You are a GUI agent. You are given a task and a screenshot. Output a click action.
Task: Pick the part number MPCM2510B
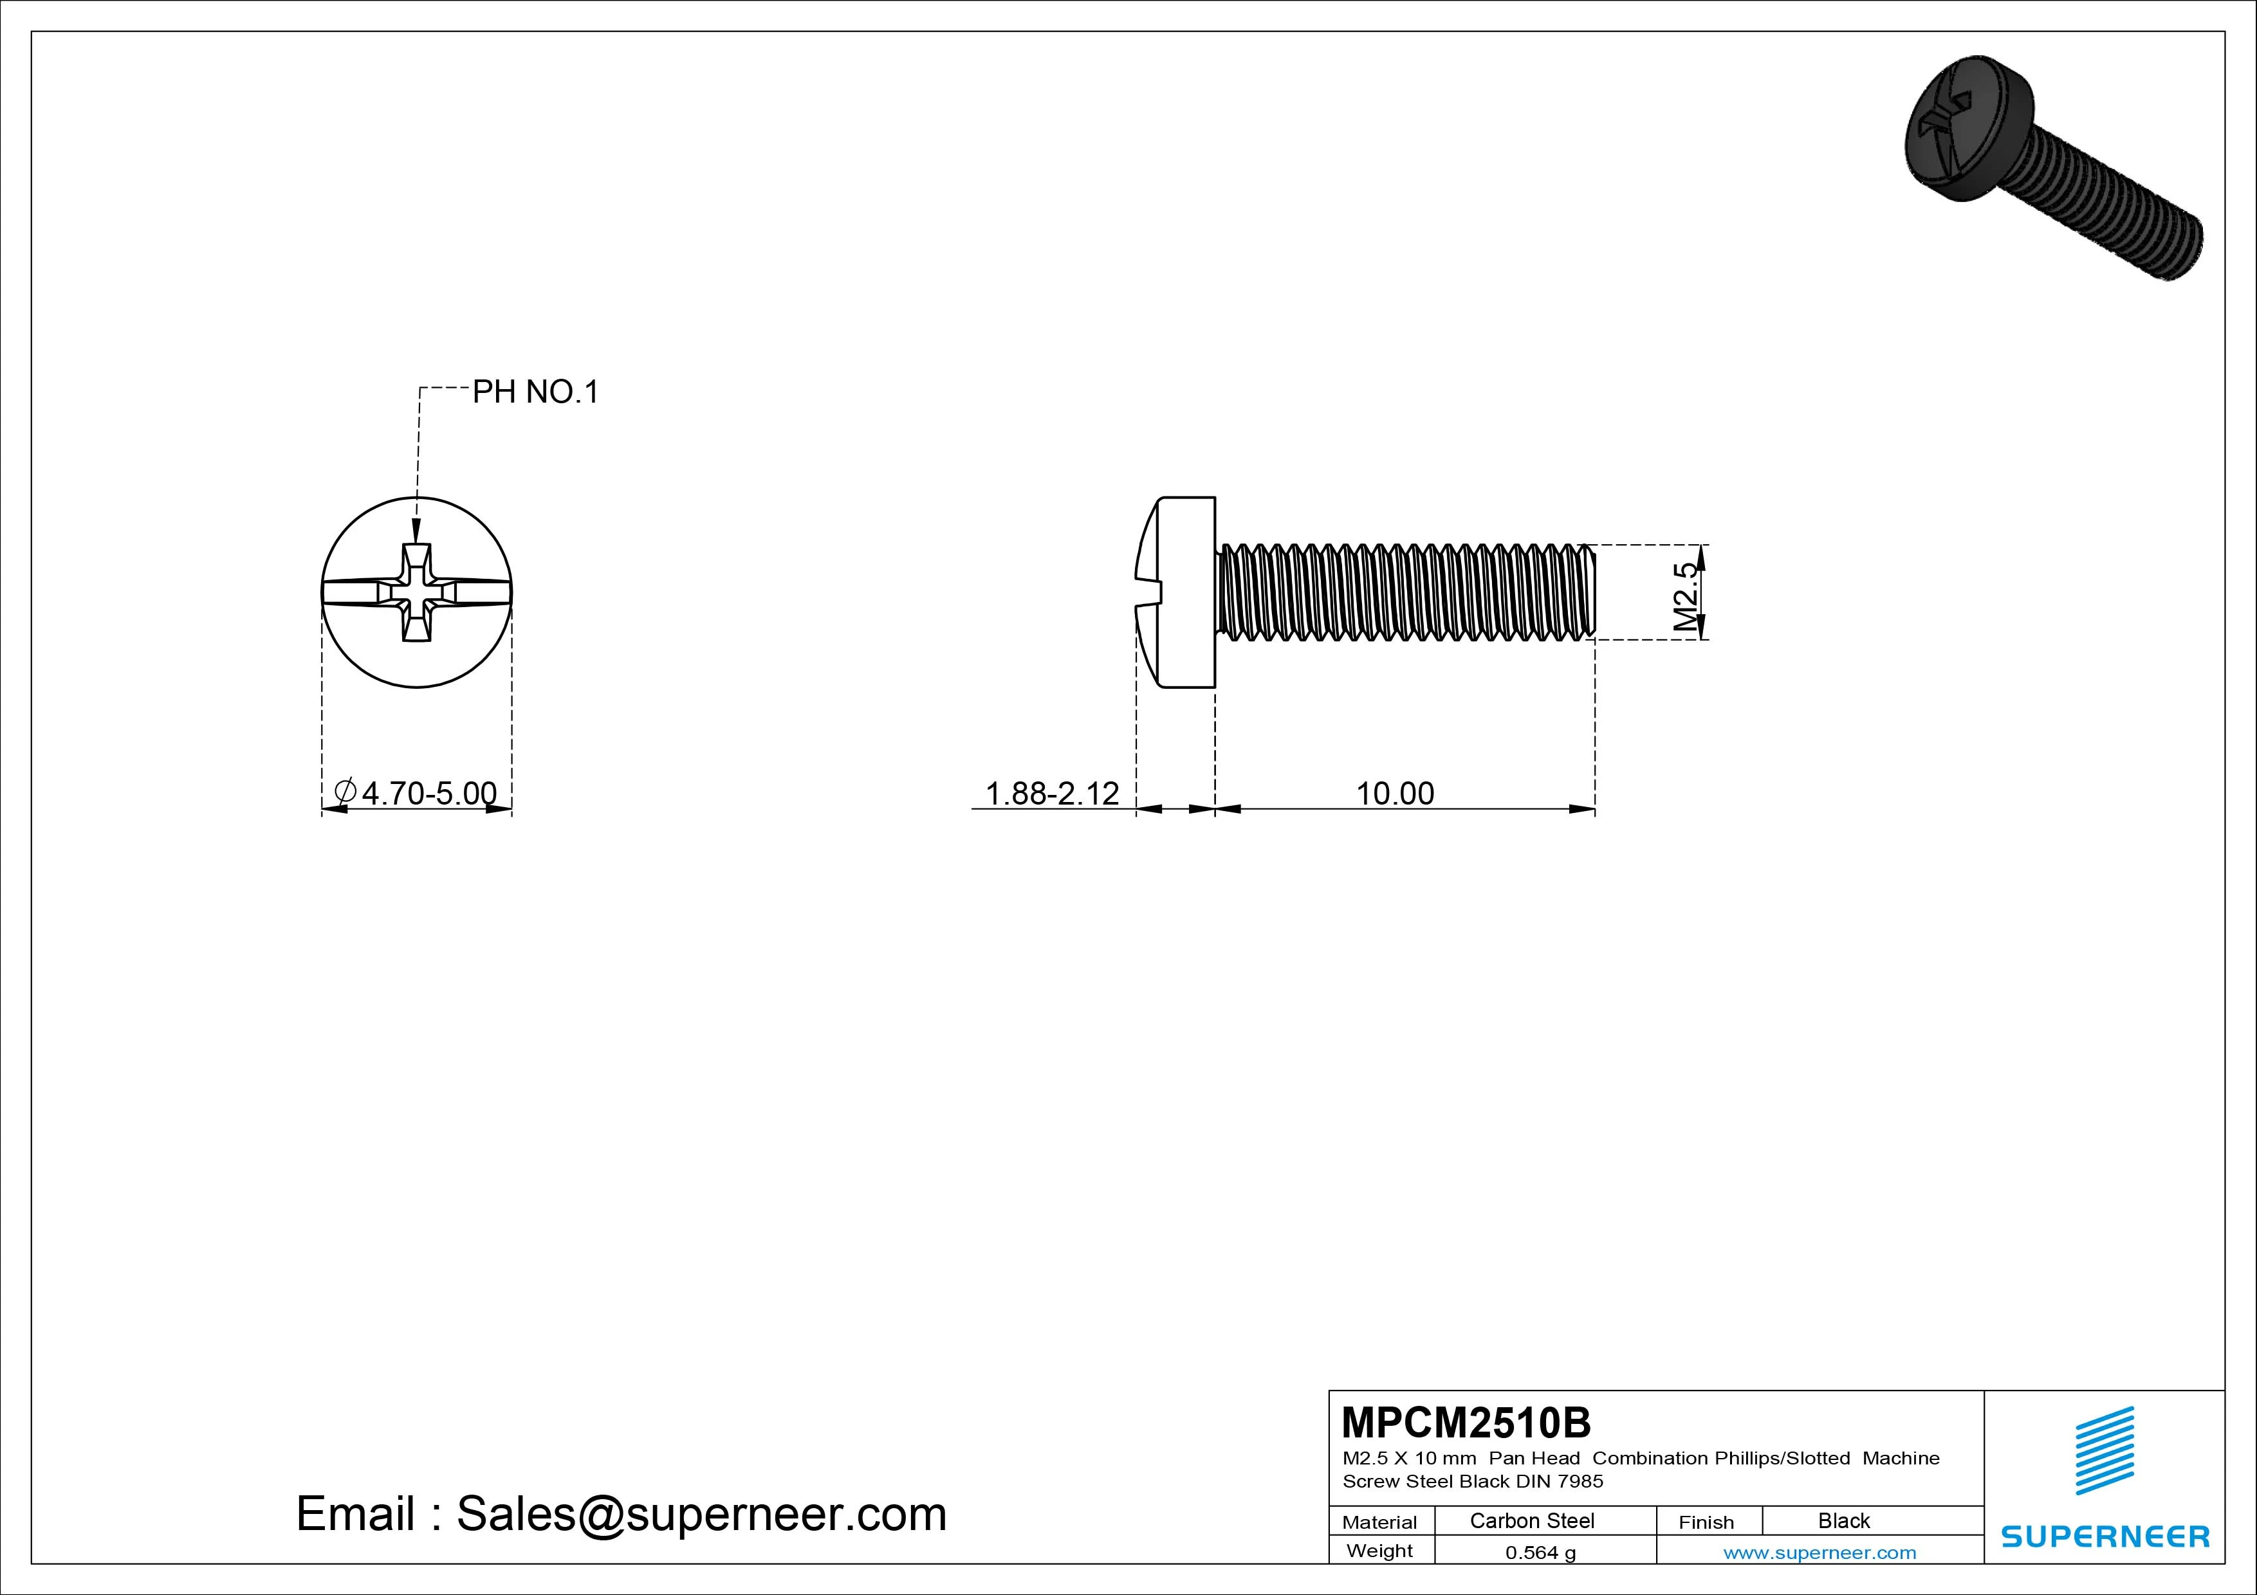pyautogui.click(x=1466, y=1422)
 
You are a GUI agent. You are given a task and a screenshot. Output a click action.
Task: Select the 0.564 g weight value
pyautogui.click(x=1540, y=1553)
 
